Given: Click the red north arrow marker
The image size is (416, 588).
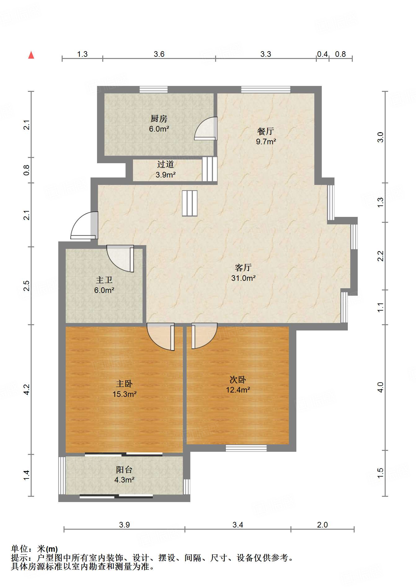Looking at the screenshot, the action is coord(31,55).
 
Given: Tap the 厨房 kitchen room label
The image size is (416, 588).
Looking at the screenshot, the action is coord(159,119).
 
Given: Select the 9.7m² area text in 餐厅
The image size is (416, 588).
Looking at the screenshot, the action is coord(266,141).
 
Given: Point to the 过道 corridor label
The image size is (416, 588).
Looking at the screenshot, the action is coord(166,164).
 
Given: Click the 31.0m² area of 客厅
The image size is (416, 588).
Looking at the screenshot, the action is coord(243,278).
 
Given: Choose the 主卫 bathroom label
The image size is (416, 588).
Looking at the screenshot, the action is coord(104,280).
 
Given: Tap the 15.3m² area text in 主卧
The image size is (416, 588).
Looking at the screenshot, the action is coord(125,394).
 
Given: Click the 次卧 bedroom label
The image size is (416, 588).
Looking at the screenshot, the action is coord(238,379).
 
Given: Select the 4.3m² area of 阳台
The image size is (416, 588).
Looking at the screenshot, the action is coord(124,480).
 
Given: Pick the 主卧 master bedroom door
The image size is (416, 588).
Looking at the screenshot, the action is coord(161,337).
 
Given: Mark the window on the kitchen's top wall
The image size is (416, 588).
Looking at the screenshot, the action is coord(153,89).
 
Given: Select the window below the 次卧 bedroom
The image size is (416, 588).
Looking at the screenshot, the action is coord(246,448).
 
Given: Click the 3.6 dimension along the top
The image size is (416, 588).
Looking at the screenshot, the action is coord(159,54).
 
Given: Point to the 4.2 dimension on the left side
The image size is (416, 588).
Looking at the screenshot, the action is coord(27,389).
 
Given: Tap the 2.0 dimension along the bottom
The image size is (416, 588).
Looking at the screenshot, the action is coord(322,525).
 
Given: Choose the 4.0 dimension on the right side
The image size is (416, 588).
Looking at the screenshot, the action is coord(380,387).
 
